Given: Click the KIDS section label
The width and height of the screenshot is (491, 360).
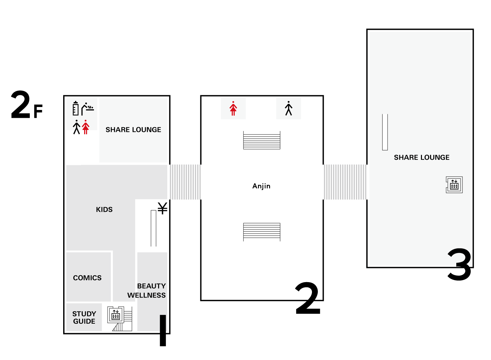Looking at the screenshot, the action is tap(104, 210).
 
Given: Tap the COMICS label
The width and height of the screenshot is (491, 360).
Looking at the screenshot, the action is tap(87, 278).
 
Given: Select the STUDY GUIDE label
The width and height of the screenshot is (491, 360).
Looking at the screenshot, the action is tap(84, 318).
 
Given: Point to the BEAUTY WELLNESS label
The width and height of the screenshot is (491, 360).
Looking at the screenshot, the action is tap(147, 291).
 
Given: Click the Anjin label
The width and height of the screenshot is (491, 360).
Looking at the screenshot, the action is tap(262, 187).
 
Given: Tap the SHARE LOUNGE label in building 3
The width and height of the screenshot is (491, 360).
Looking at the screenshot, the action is tap(422, 157).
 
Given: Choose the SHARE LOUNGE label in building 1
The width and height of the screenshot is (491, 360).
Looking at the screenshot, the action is tap(134, 130).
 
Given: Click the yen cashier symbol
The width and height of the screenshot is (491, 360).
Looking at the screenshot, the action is tap(163, 208).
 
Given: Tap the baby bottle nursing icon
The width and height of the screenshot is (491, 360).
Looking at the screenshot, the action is tap(76, 108).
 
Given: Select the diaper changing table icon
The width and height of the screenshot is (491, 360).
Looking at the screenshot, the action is tap(88, 109).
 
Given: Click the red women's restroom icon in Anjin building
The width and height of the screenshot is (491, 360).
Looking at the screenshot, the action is tap(233, 108).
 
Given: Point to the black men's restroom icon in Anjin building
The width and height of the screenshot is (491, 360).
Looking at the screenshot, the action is tap(289, 108).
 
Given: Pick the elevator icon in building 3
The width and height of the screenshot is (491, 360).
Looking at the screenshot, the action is tap(455, 185).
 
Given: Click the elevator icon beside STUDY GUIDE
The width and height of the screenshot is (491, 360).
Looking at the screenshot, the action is tap(116, 315).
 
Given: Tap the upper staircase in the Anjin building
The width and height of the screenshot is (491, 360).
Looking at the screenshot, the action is tap(262, 140).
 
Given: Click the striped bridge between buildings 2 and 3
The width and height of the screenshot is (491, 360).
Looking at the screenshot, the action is tap(345, 182).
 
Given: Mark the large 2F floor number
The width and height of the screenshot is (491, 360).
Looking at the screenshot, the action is tap(27, 105).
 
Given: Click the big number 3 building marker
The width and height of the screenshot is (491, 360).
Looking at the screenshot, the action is tap(460, 264).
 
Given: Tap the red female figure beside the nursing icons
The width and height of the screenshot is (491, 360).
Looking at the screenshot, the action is tap(86, 127).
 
